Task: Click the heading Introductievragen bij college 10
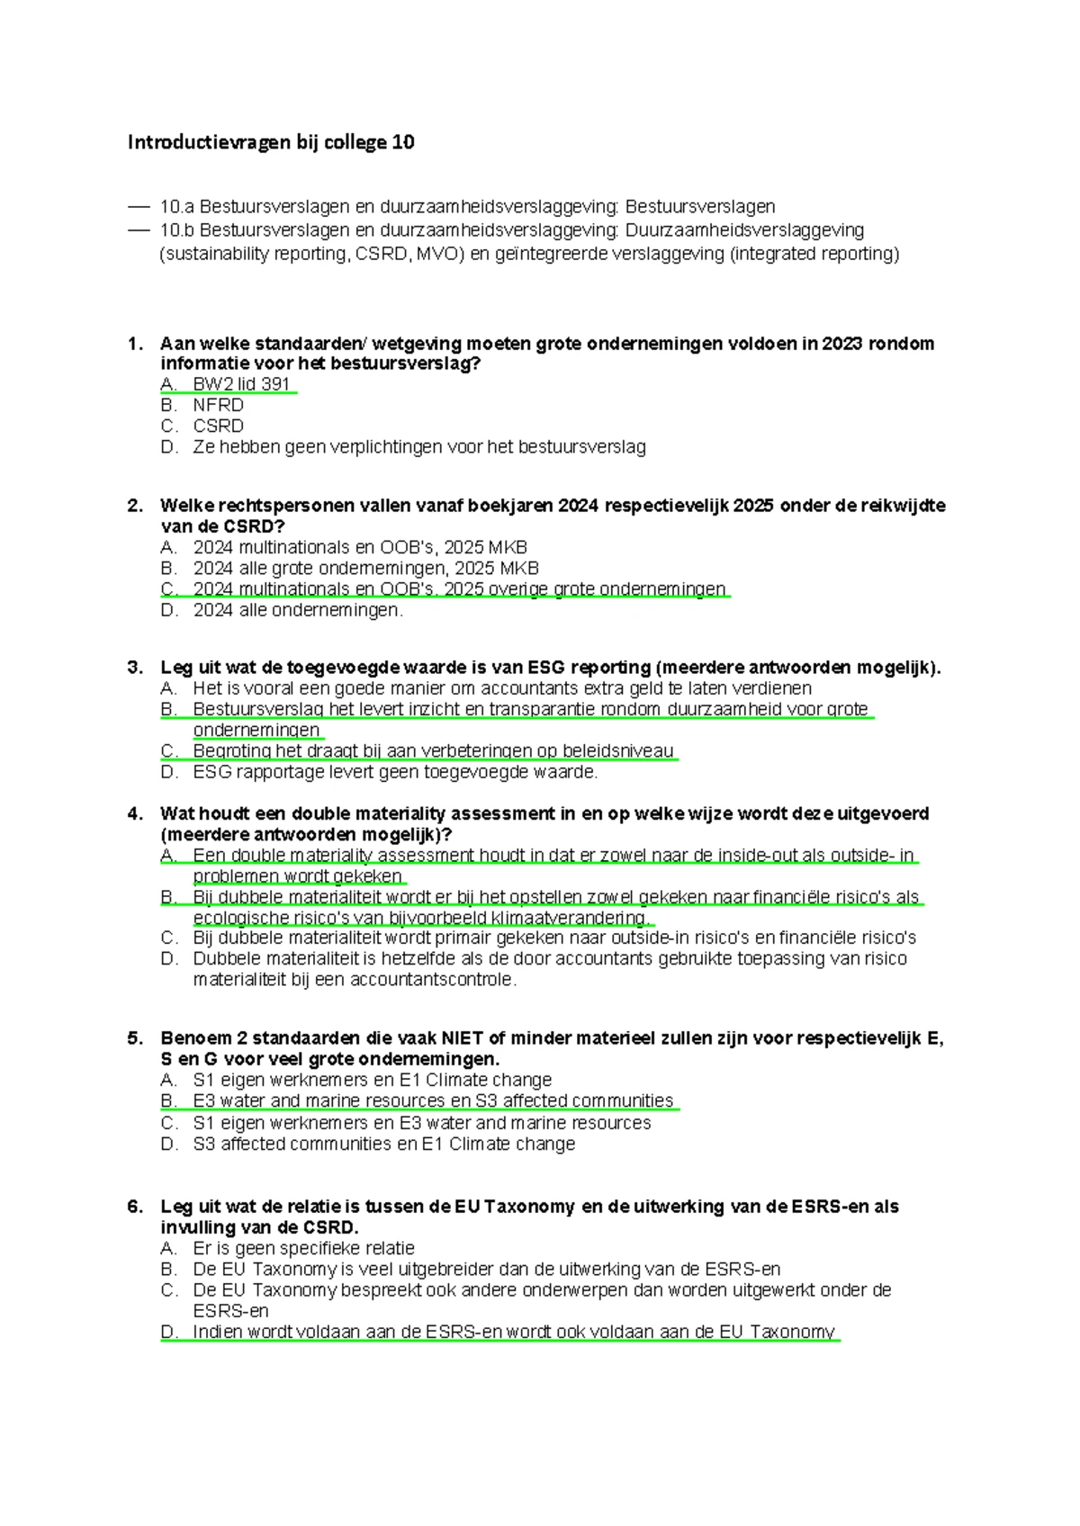[x=271, y=142]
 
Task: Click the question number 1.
[x=135, y=344]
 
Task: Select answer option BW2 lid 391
[x=241, y=384]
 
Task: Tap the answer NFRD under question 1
[x=218, y=405]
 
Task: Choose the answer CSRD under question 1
[x=218, y=426]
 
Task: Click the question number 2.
[x=135, y=506]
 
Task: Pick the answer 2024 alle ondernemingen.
[x=298, y=610]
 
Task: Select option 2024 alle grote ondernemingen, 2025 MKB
[x=365, y=568]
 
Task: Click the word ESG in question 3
[x=546, y=668]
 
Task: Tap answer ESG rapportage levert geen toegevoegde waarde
[x=395, y=772]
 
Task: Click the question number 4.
[x=135, y=813]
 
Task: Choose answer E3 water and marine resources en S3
[x=433, y=1100]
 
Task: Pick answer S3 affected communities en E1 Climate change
[x=383, y=1144]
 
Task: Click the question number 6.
[x=135, y=1207]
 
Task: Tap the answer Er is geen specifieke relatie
[x=303, y=1248]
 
